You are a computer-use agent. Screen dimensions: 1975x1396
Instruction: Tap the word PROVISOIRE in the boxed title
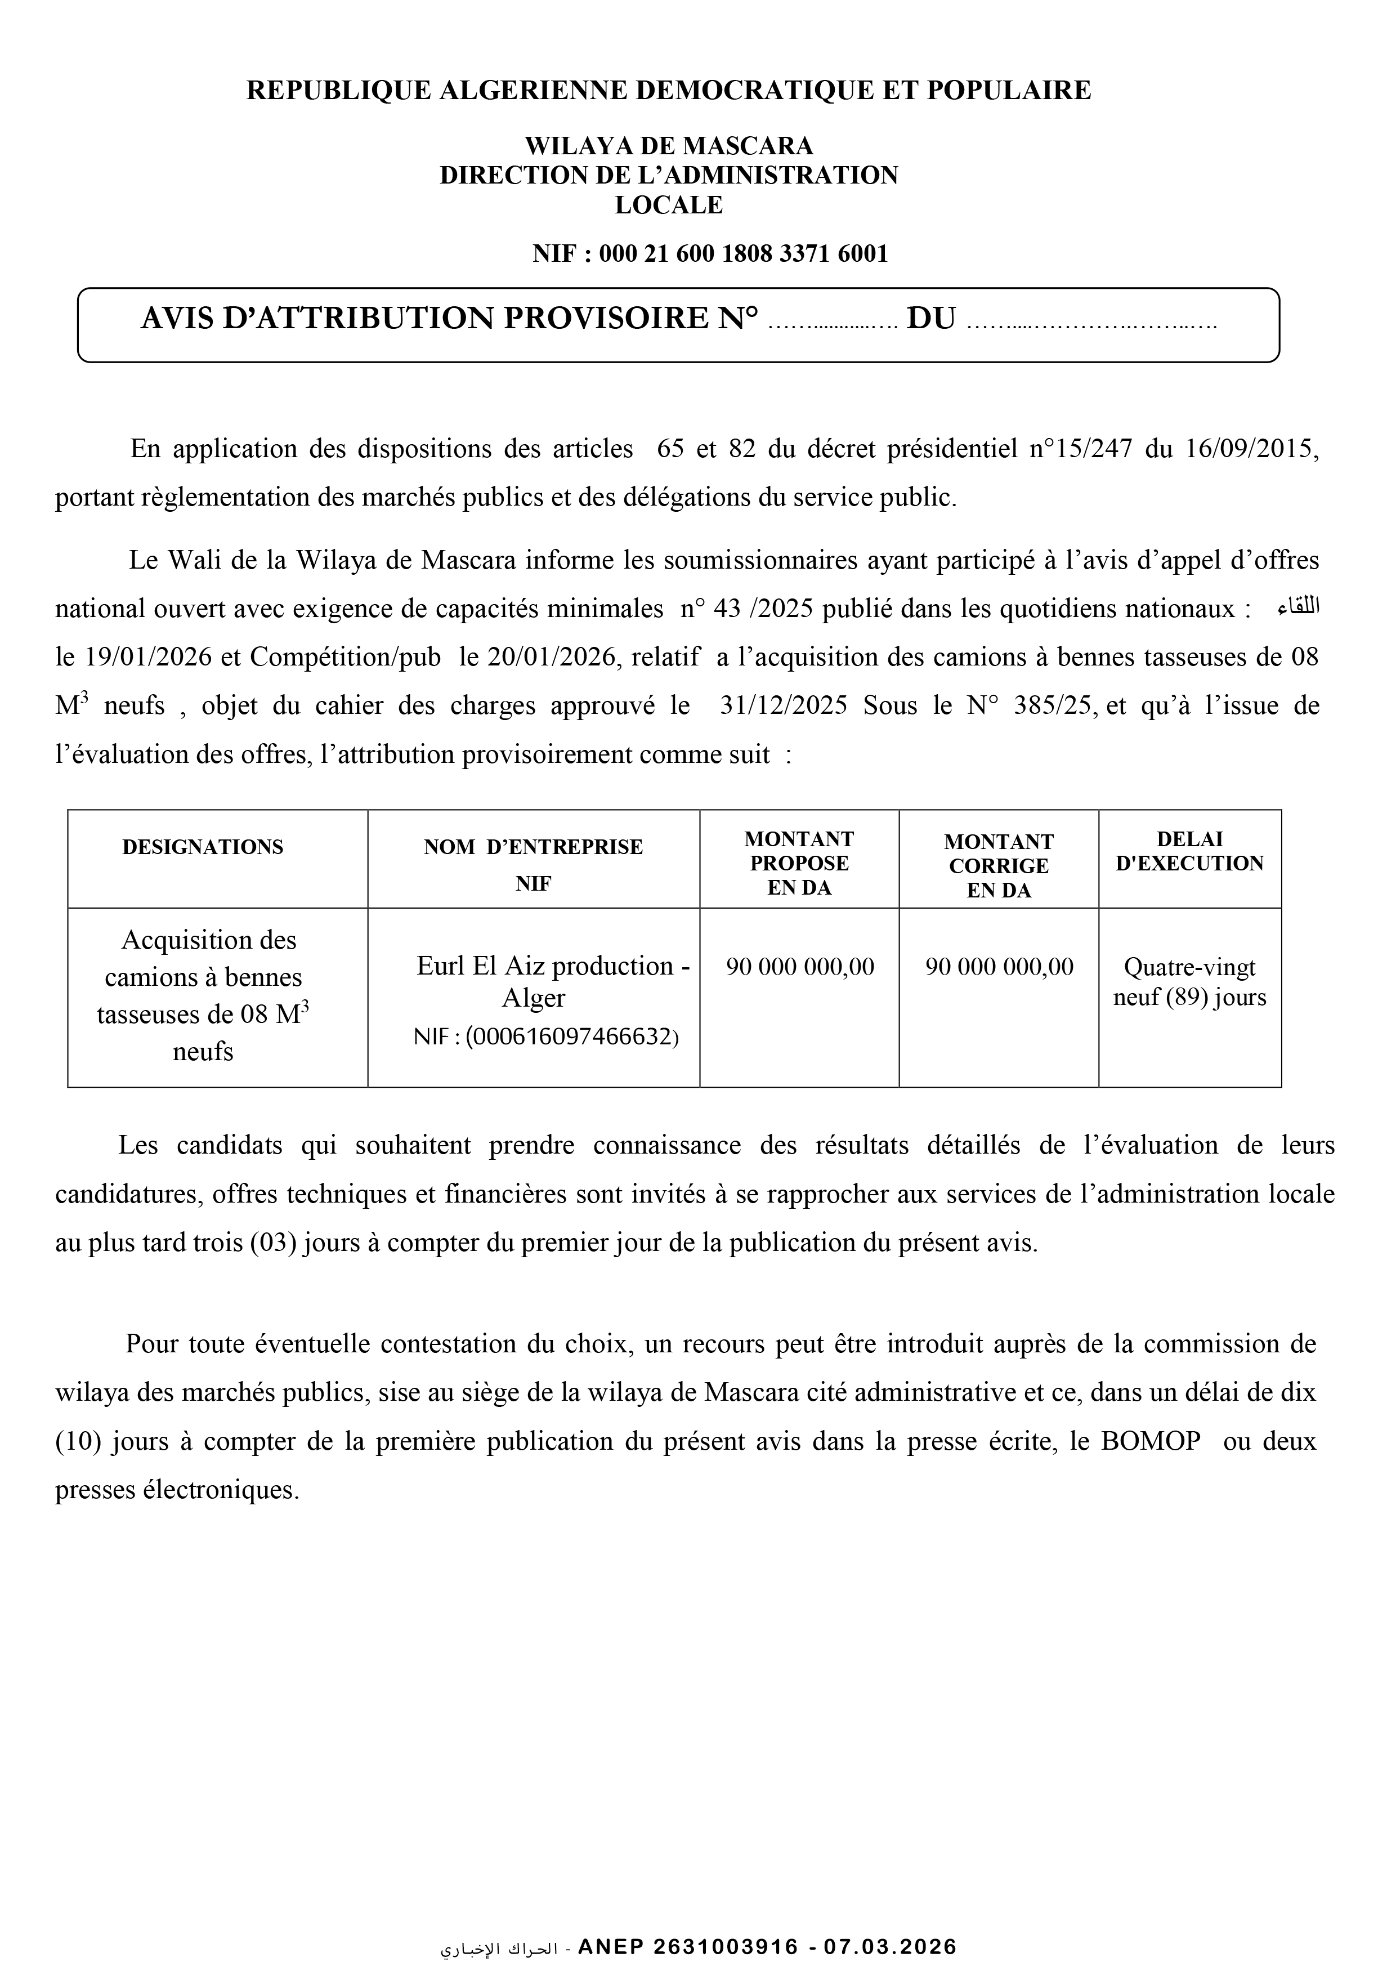pos(605,319)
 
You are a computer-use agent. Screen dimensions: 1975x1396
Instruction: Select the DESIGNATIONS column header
pos(203,847)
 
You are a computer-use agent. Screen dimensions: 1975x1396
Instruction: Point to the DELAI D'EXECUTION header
pos(1189,852)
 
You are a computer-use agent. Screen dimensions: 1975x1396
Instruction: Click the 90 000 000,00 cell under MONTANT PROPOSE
pos(800,967)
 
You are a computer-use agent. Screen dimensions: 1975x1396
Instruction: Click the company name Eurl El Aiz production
pos(544,966)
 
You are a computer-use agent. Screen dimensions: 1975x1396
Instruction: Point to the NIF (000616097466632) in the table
pos(546,1038)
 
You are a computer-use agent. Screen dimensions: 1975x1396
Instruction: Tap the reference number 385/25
pos(1054,706)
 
